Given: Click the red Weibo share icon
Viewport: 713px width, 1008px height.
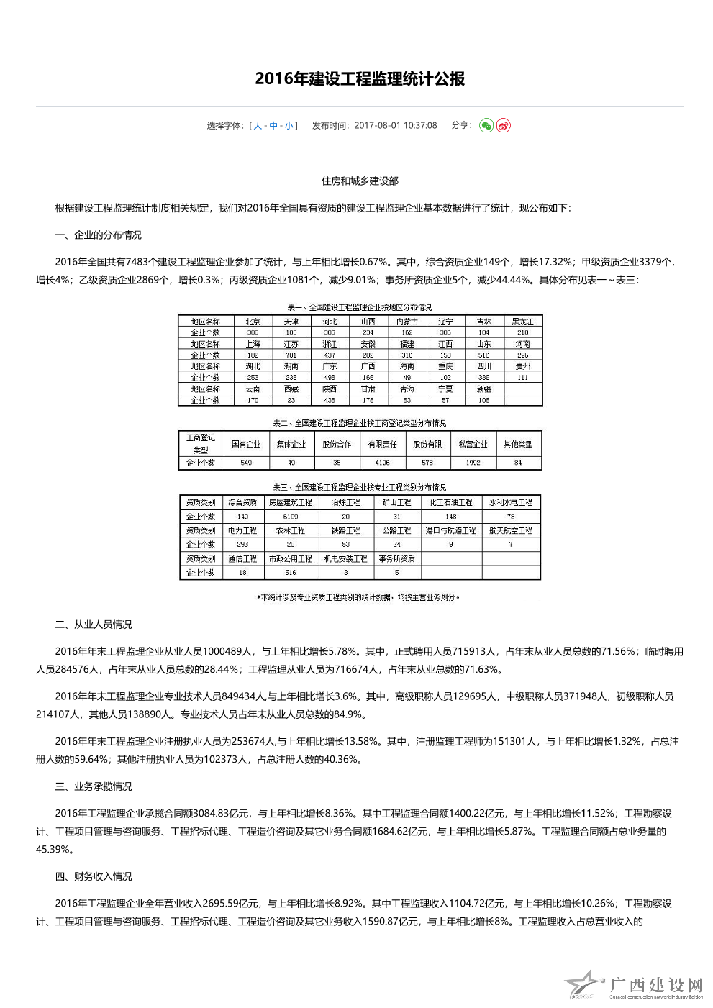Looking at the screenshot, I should tap(504, 126).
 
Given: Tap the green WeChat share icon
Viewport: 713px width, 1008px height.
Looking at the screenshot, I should tap(486, 126).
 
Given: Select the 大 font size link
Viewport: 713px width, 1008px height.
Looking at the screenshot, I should tap(258, 126).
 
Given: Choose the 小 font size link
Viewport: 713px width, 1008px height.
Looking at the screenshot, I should tap(289, 126).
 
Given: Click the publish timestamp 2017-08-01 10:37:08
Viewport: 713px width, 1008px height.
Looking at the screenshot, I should tap(395, 126).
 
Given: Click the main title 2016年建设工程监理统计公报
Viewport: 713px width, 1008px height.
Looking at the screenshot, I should tap(360, 79).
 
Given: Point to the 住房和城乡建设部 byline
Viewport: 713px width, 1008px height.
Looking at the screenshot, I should tap(360, 181).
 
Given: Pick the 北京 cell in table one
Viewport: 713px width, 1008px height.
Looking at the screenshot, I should tap(253, 322).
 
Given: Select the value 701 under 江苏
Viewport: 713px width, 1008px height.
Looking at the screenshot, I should tap(291, 355).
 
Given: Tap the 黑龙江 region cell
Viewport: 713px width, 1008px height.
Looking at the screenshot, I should tap(522, 322).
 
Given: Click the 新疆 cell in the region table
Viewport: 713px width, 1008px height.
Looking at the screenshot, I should tap(483, 389).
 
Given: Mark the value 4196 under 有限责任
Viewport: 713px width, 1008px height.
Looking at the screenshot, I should tap(382, 463).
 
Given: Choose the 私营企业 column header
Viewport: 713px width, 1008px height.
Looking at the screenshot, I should tap(473, 444).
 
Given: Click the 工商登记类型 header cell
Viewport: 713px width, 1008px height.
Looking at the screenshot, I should tap(201, 443).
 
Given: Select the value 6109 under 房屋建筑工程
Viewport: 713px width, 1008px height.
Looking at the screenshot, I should tap(291, 517).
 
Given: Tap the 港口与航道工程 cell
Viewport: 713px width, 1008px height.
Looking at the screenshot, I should tap(450, 531).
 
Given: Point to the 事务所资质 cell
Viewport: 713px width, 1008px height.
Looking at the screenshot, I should tap(396, 559).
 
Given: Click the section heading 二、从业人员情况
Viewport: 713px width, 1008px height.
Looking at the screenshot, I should tap(94, 625).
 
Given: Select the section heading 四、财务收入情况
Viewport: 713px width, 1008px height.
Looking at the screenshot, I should tap(94, 876).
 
